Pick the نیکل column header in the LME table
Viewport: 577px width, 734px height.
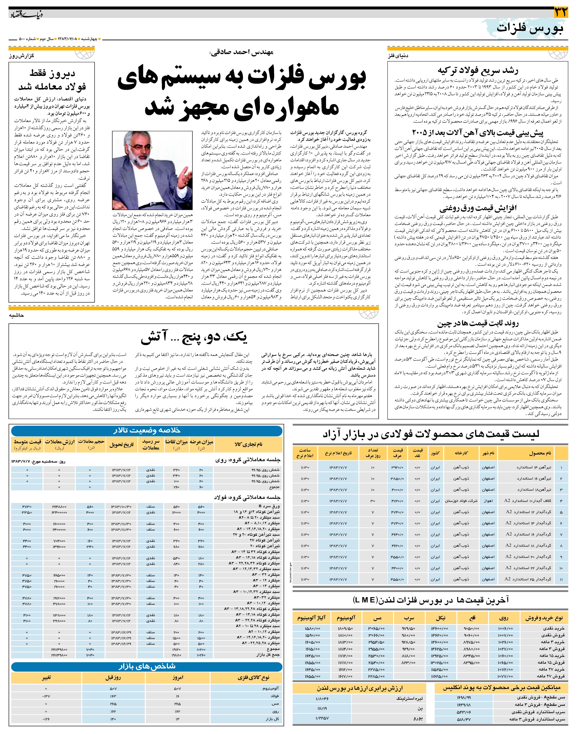pyautogui.click(x=441, y=618)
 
